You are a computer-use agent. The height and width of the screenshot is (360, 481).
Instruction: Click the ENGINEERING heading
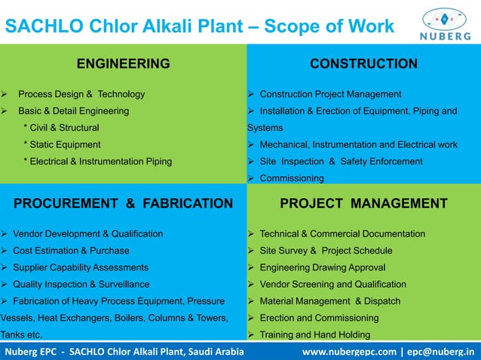coord(123,64)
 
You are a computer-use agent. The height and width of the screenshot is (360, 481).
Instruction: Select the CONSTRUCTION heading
coord(363,64)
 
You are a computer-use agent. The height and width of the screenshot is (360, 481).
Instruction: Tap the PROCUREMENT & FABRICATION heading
coord(124,203)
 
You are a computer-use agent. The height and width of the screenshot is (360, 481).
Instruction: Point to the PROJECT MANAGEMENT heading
coord(363,203)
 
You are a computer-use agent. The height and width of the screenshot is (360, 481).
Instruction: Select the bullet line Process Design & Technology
coord(81,94)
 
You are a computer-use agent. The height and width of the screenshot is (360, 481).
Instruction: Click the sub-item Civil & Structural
coord(66,128)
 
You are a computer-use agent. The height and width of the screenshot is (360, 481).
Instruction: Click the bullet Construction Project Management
coord(330,94)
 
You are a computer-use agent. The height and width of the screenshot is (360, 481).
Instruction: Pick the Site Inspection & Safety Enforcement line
coord(340,161)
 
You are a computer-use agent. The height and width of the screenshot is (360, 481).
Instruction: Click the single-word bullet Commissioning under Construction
coord(292,178)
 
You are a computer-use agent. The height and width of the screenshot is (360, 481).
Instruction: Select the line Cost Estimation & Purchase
coord(71,251)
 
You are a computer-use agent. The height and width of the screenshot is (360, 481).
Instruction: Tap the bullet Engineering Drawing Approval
coord(322,267)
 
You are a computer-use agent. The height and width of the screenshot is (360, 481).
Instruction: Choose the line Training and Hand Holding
coord(314,335)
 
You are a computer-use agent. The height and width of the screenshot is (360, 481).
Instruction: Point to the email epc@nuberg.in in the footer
coord(440,351)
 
